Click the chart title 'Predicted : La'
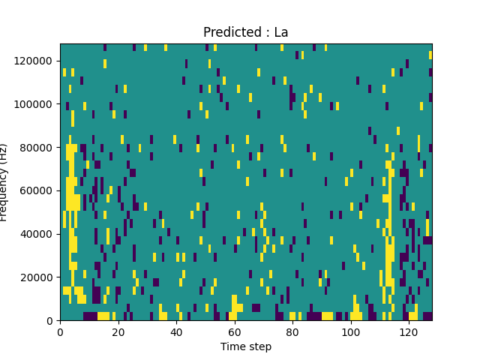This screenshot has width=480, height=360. click(245, 32)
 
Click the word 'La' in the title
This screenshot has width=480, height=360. click(281, 32)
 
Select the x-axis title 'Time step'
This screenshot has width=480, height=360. click(245, 346)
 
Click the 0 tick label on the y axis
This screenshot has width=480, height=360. click(50, 321)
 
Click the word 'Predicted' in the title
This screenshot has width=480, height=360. click(230, 32)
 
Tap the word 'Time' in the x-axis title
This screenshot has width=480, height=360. click(232, 346)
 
